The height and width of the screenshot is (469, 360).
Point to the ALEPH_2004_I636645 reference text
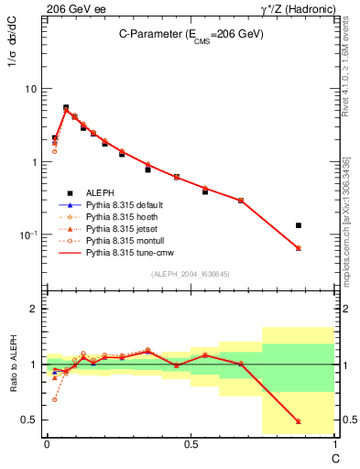click(x=190, y=273)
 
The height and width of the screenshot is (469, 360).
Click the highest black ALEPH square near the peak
click(x=66, y=107)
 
